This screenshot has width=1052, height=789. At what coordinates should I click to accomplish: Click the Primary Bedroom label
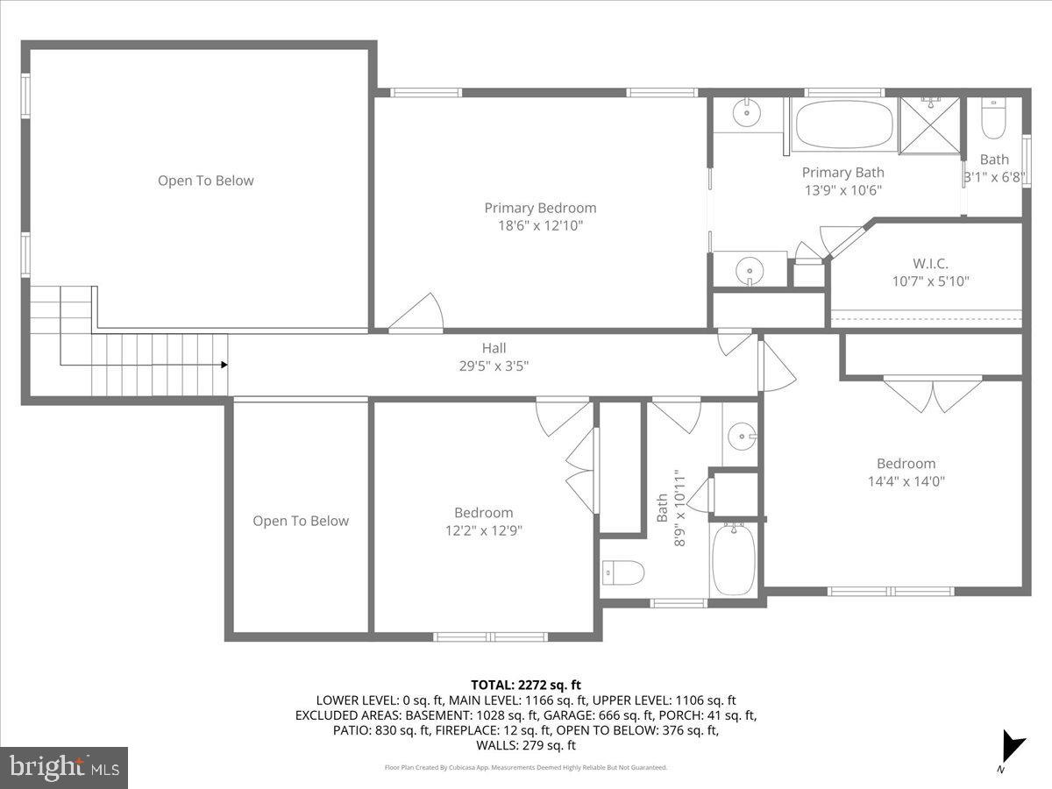pos(540,208)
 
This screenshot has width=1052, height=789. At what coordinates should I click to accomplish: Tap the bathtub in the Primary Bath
pos(845,125)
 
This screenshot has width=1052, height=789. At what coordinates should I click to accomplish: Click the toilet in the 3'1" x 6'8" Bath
pos(993,120)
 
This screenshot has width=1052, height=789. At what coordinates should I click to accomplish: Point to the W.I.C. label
pos(930,263)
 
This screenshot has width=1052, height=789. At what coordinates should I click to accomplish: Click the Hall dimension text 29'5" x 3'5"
pos(494,366)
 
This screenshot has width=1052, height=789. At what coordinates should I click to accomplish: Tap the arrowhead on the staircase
pos(224,365)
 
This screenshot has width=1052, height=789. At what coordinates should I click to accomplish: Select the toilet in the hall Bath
pos(624,572)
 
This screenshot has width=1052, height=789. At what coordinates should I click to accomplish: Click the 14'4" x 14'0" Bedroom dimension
pos(906,480)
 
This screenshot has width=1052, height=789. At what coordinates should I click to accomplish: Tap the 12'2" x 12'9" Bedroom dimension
pos(483,530)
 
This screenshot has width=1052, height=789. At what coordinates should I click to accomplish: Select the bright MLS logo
pos(64,767)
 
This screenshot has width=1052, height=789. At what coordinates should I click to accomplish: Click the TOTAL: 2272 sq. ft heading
pos(526,685)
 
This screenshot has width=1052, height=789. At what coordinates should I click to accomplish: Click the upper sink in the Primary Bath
pos(747,112)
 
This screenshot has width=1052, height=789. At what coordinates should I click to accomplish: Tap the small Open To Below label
pos(301,521)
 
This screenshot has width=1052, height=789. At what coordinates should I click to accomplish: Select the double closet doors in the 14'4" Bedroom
pos(932,394)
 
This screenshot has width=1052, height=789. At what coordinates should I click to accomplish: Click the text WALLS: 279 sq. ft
pos(526,745)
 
